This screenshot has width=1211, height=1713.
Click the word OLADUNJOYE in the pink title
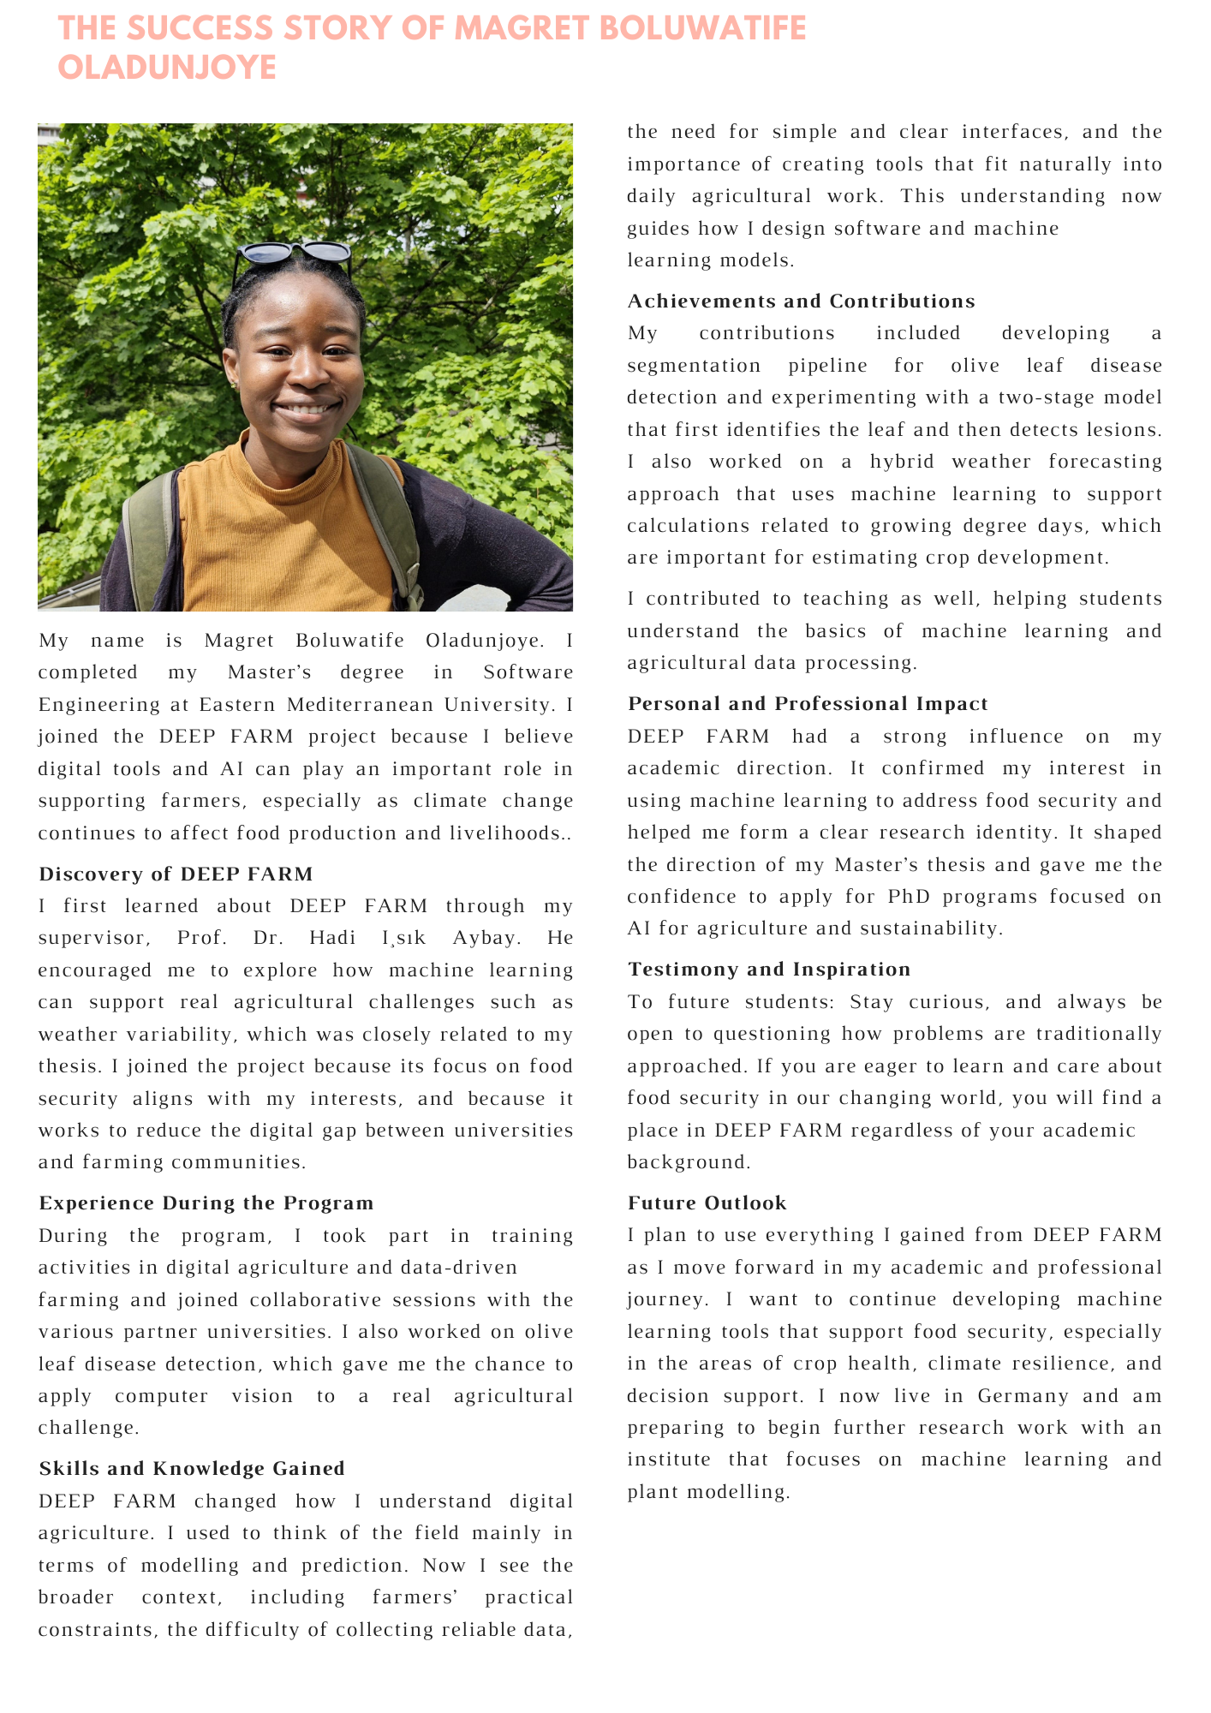point(167,68)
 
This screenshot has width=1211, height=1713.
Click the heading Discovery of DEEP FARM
point(176,874)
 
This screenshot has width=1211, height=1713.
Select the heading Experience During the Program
point(206,1203)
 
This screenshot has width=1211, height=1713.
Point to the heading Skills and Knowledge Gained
point(192,1468)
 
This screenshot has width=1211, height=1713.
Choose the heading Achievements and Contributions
point(801,301)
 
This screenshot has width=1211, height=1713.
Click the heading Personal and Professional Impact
point(808,703)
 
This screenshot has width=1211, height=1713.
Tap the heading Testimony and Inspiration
point(769,969)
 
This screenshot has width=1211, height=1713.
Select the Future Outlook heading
point(707,1203)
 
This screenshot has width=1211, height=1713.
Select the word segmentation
point(694,366)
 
